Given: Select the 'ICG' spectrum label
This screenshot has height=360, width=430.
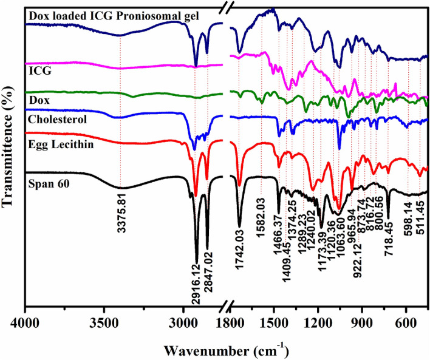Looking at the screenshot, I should (38, 70).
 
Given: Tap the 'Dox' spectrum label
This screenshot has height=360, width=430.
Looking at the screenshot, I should (39, 99).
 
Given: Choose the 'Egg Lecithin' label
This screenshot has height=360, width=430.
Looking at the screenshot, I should (60, 143).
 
